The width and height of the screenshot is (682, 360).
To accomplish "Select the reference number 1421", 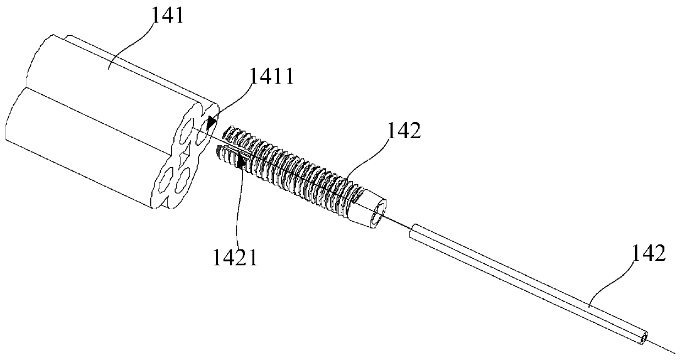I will click(x=236, y=258).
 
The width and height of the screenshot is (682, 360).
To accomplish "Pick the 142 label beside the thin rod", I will click(x=645, y=254).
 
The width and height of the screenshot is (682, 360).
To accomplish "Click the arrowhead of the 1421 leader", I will click(x=240, y=161).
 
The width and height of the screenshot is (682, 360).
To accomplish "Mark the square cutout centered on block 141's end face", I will click(x=185, y=148).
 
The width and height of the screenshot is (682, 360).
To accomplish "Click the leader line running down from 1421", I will click(x=238, y=209).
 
